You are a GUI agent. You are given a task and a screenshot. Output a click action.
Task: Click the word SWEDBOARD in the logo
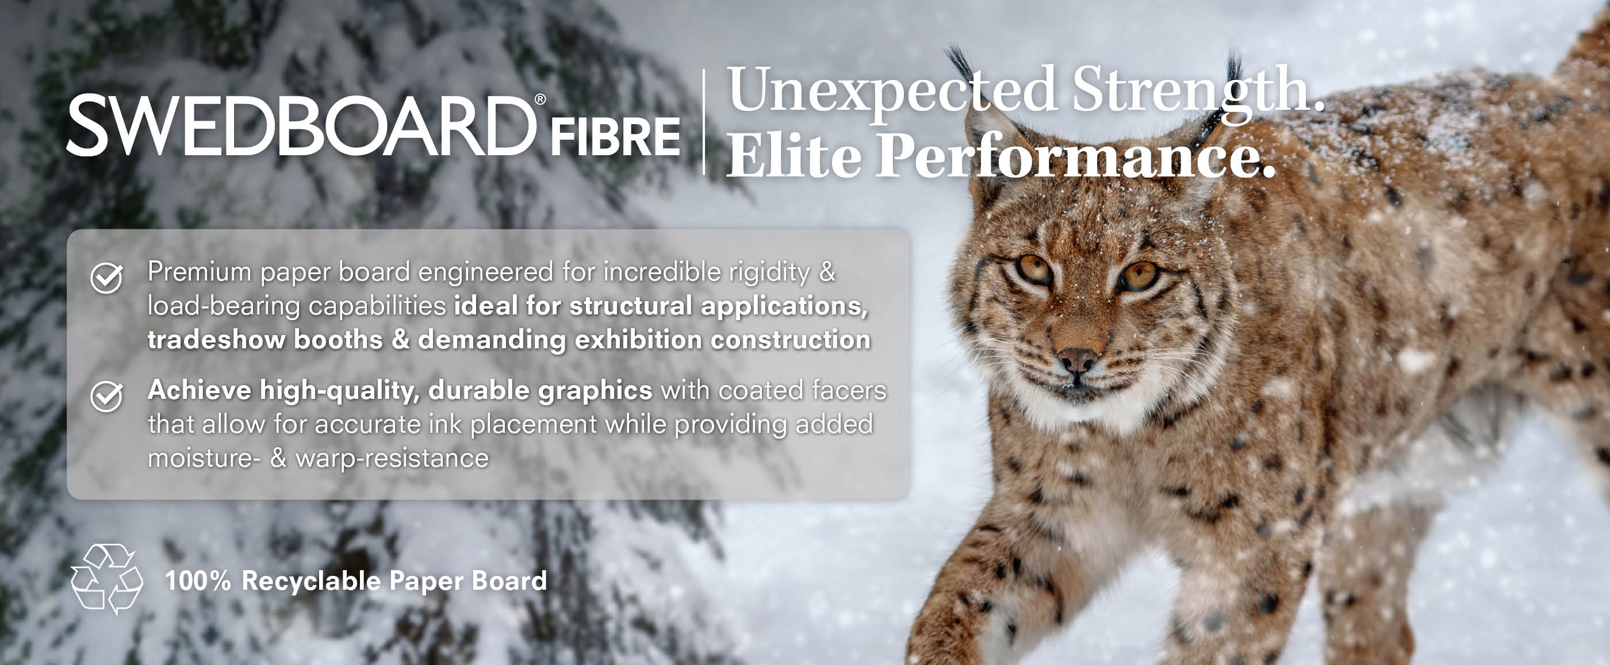click(x=301, y=126)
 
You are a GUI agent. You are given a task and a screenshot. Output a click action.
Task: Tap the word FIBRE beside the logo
click(x=615, y=137)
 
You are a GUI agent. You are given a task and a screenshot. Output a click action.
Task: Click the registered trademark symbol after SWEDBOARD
click(x=540, y=99)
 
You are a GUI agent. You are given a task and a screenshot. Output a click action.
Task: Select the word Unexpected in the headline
click(x=891, y=92)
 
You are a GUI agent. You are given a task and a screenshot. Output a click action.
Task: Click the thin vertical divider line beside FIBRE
click(x=704, y=122)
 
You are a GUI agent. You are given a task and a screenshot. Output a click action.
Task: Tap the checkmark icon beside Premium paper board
click(x=106, y=278)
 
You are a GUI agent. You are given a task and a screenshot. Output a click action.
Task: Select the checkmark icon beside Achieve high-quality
click(x=106, y=396)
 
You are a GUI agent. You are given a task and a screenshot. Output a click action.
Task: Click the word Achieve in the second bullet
click(x=200, y=390)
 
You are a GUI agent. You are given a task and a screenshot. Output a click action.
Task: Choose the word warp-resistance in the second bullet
click(x=392, y=459)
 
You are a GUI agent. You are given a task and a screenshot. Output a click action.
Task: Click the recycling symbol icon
click(x=107, y=579)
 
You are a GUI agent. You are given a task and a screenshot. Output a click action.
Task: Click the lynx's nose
click(x=1076, y=360)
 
